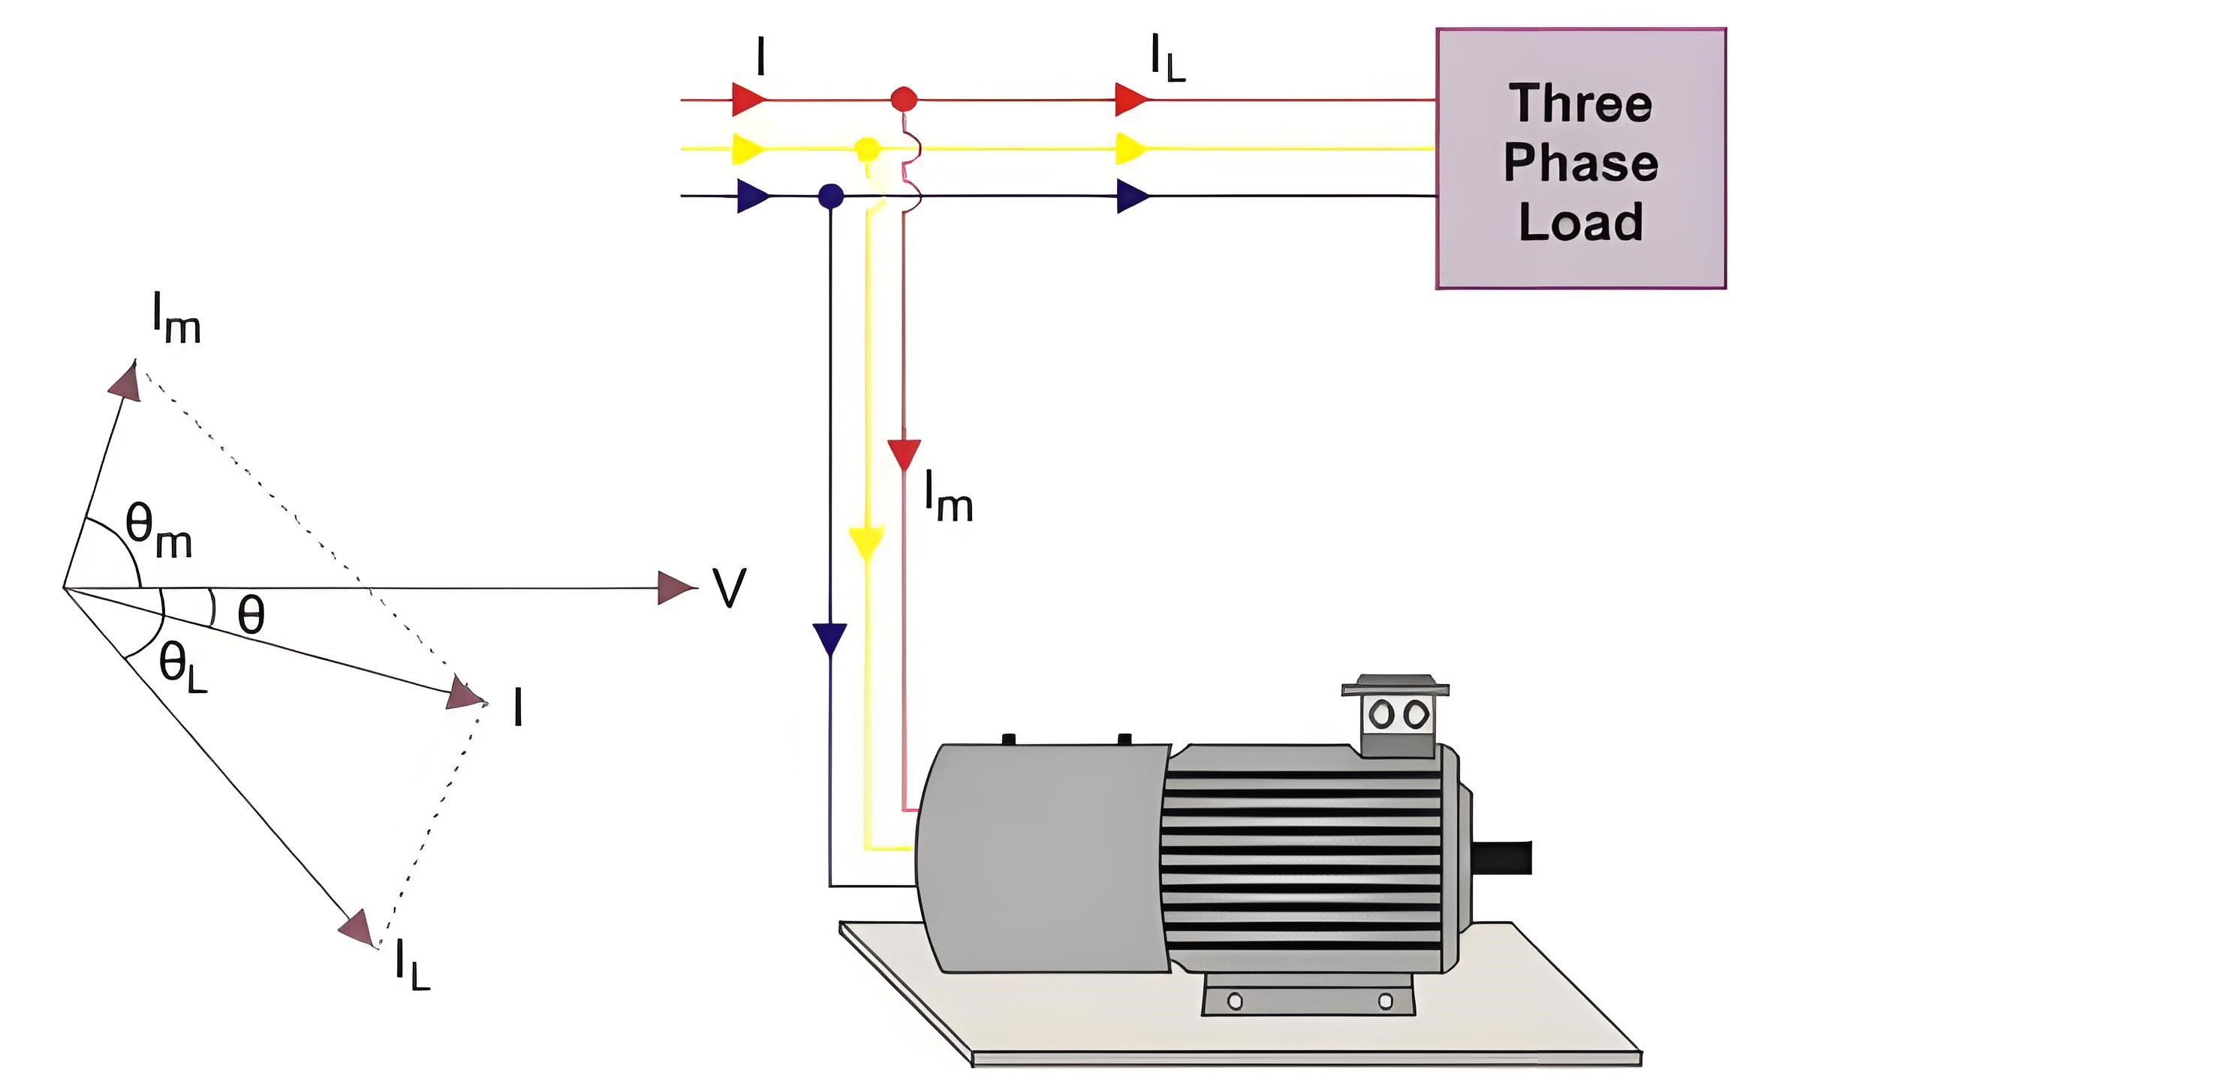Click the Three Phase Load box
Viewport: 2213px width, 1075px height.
[1581, 159]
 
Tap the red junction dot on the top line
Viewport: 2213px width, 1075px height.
[903, 99]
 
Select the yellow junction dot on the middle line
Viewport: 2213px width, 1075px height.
[868, 149]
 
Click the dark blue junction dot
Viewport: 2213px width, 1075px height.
[830, 196]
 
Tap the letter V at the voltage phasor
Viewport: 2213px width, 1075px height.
[730, 588]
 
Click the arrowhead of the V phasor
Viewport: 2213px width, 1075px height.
[677, 588]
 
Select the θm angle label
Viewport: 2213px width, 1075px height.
[159, 530]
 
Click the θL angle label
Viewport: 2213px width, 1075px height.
[183, 667]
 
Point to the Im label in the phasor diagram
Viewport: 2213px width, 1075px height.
[176, 317]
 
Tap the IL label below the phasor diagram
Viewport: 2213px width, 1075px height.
[412, 964]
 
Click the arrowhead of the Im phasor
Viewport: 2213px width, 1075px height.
[126, 380]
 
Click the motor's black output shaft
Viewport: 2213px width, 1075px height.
[1503, 857]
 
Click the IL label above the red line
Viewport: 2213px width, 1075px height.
[1168, 59]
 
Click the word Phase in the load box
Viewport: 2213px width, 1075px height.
[1581, 162]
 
